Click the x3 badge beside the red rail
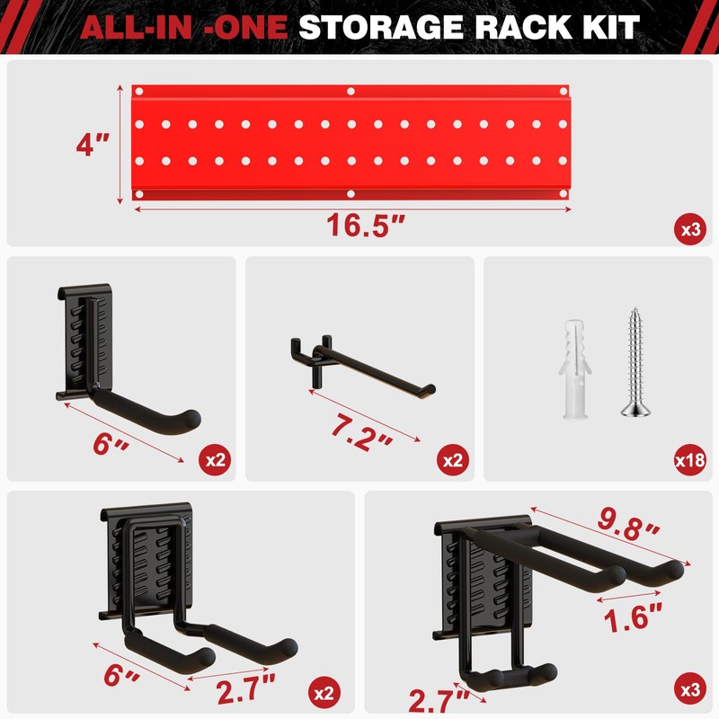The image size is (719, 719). [x=690, y=229]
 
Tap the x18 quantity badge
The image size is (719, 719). [x=689, y=461]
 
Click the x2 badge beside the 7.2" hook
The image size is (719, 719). [x=453, y=461]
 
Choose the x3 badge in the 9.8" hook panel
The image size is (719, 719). [x=690, y=691]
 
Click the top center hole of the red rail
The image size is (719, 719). [x=351, y=92]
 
